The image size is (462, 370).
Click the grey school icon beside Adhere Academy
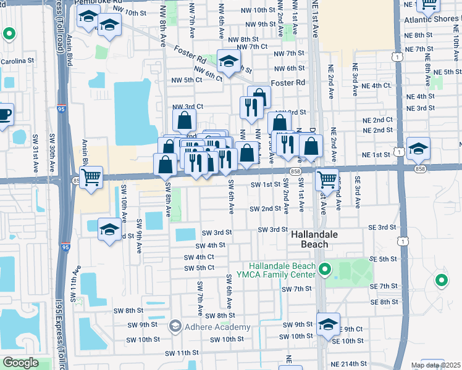coord(175,326)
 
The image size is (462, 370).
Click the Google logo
coord(20,363)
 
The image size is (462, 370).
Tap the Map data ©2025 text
coord(435,365)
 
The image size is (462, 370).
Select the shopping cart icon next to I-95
coord(91,177)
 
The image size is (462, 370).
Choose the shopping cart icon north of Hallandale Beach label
coord(326,179)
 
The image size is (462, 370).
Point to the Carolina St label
coord(17,61)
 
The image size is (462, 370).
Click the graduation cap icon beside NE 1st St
coord(418,148)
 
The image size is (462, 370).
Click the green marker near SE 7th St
coord(442,281)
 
